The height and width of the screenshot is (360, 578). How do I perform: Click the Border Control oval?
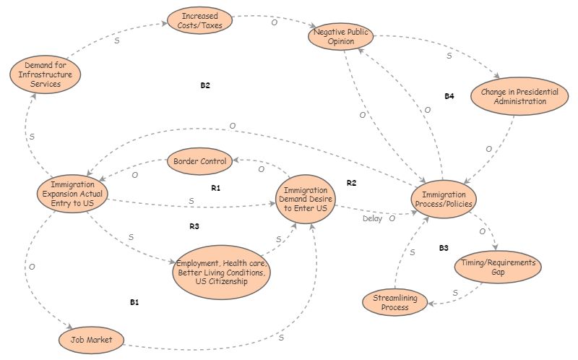[199, 161]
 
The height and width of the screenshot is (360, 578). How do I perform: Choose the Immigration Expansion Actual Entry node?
[72, 193]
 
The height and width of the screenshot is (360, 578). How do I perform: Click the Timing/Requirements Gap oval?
[498, 267]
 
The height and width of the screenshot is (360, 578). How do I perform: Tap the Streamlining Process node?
[395, 302]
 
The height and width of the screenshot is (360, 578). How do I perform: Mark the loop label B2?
[205, 85]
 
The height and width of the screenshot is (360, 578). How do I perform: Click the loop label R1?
[215, 188]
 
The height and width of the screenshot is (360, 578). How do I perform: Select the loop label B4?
[449, 96]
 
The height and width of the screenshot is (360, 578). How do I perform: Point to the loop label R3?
[194, 226]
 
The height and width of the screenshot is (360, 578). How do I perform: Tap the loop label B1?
[134, 302]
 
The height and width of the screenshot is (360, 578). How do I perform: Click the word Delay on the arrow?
[373, 218]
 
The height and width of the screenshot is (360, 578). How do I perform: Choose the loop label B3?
[444, 248]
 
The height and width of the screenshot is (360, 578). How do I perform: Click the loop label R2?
[352, 183]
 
